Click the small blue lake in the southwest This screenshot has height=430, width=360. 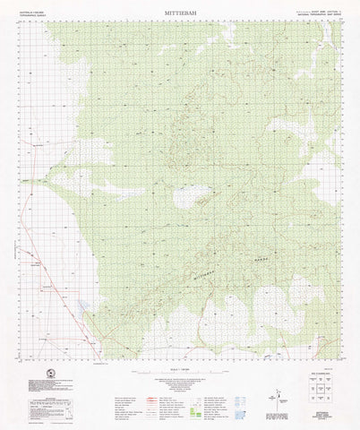click(82, 307)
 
